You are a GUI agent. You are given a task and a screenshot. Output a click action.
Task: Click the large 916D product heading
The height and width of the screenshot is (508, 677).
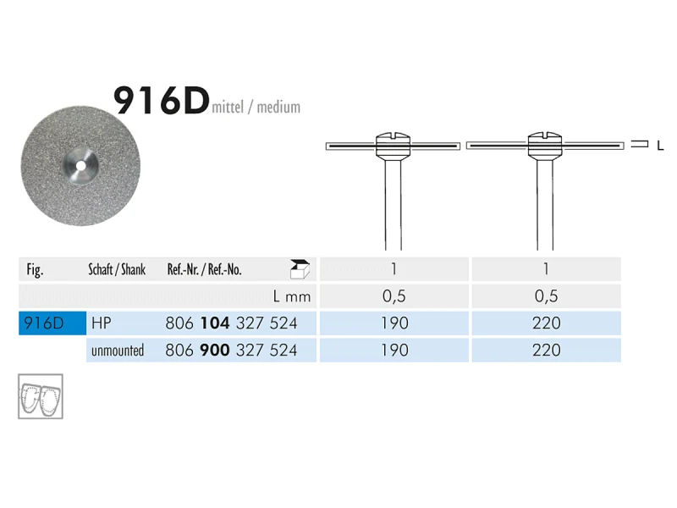pos(162,101)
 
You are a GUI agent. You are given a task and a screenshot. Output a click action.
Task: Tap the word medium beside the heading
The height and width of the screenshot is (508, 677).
pos(278,107)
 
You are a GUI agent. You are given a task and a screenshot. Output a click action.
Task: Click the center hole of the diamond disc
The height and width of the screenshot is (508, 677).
pos(80,166)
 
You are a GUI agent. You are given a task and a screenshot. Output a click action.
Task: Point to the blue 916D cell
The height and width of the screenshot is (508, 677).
pos(52,323)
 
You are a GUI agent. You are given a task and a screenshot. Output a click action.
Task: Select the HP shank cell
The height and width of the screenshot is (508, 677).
pos(102,323)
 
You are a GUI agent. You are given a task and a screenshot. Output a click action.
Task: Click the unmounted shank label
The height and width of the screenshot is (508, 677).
pos(118,350)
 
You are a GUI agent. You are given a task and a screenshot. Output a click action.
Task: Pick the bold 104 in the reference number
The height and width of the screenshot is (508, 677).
pos(215,323)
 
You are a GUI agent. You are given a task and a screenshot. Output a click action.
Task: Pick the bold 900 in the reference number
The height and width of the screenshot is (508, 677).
pos(215,350)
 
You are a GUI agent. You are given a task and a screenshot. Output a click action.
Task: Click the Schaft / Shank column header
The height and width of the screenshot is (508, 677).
pos(117,269)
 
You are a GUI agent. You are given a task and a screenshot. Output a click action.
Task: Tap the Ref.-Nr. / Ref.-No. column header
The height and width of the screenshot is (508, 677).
pos(204,269)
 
